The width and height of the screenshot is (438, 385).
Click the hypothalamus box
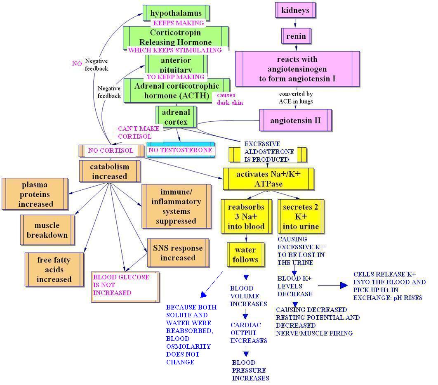[176, 13]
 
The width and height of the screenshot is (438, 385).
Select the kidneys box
[295, 10]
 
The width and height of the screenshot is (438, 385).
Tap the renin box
[296, 36]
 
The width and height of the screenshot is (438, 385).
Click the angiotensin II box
[296, 120]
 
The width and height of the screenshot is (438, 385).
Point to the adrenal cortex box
[176, 117]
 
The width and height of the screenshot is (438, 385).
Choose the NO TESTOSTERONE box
[181, 150]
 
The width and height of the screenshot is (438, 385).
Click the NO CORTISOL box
[111, 151]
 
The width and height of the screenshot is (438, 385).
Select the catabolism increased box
[110, 171]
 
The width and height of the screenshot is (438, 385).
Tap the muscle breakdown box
[47, 230]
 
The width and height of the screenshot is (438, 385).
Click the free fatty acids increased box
[54, 269]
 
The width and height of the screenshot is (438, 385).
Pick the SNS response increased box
[178, 253]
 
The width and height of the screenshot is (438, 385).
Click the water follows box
[245, 255]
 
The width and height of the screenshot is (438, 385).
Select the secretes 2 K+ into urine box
[301, 217]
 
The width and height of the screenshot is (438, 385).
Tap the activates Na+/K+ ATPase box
[268, 179]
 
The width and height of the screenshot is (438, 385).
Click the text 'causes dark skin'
[230, 99]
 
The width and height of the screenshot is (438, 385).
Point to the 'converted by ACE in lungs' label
[296, 97]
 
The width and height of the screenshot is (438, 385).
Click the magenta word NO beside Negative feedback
[77, 64]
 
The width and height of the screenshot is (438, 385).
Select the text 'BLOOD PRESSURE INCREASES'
[251, 370]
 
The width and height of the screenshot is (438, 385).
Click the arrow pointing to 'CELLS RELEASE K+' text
[333, 285]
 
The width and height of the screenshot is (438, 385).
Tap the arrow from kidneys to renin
[295, 23]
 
